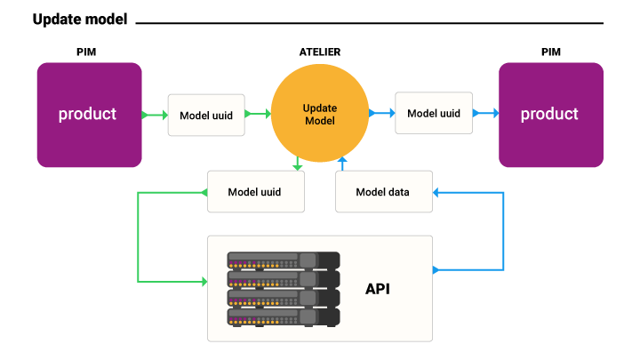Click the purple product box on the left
(x=89, y=115)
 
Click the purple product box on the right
(x=550, y=115)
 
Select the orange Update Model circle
(x=319, y=114)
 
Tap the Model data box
(x=383, y=192)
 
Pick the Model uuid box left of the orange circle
(x=206, y=115)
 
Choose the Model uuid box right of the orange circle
(x=434, y=113)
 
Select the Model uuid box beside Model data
(x=255, y=192)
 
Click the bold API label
(x=377, y=289)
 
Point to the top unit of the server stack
(x=283, y=260)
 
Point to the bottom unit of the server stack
(x=283, y=316)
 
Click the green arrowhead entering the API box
(x=204, y=282)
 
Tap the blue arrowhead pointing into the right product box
(x=495, y=113)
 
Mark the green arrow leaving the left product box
(x=155, y=115)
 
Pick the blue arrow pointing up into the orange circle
(x=341, y=164)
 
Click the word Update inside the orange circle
(x=319, y=108)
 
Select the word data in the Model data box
(x=397, y=192)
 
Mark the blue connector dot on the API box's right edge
(x=435, y=270)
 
